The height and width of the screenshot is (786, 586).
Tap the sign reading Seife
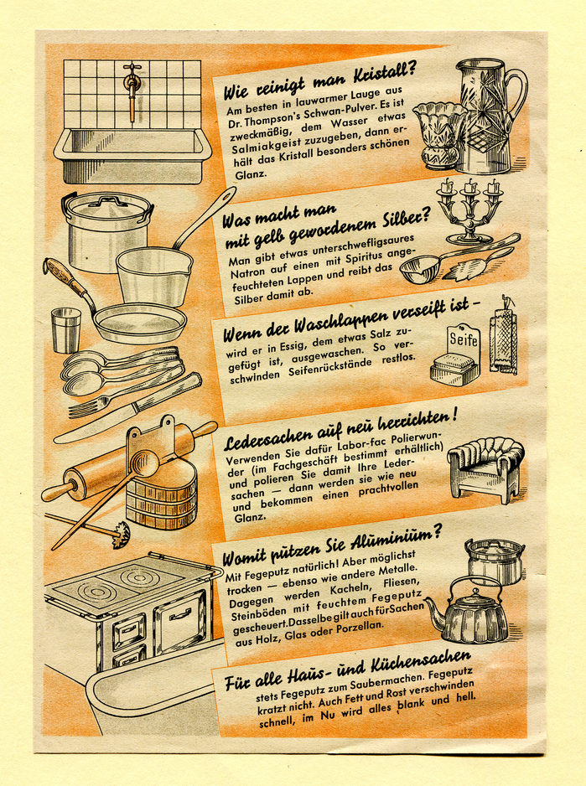click(463, 339)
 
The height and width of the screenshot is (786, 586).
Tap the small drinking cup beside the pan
click(65, 329)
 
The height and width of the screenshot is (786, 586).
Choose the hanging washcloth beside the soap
click(505, 340)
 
